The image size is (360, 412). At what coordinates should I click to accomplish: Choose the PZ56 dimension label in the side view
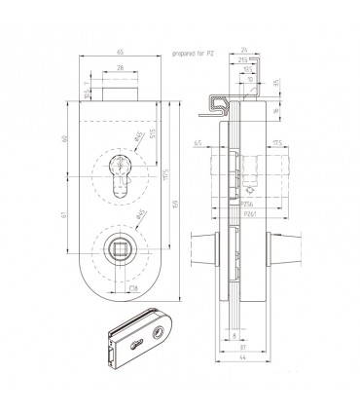click(249, 204)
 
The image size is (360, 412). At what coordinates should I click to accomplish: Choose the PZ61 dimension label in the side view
click(250, 214)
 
